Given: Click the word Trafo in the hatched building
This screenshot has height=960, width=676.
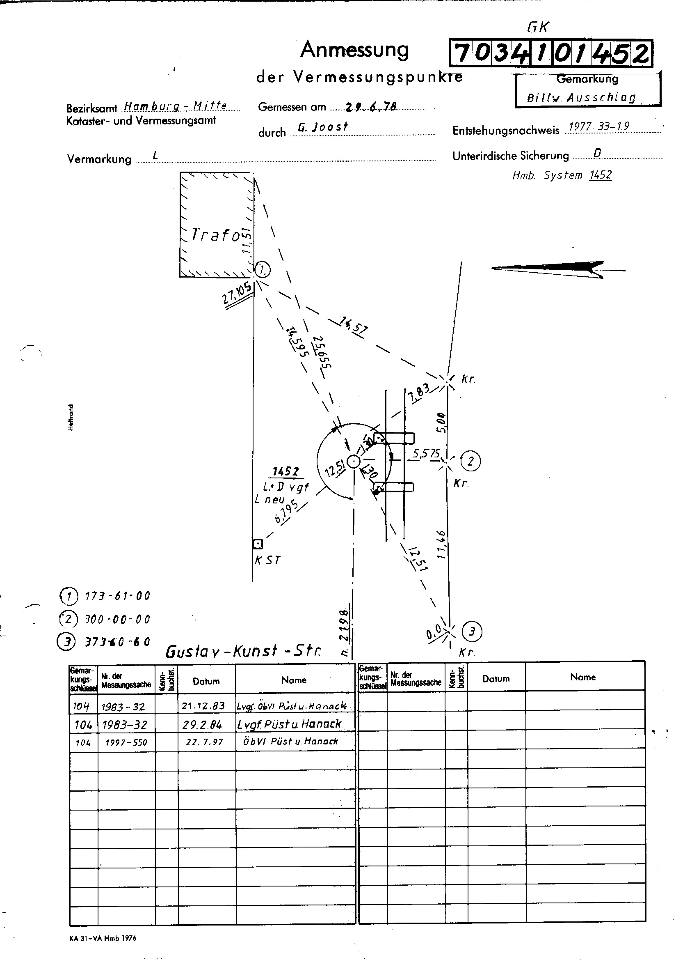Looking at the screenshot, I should coord(216,235).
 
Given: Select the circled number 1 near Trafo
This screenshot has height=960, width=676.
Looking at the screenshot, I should coord(263,270).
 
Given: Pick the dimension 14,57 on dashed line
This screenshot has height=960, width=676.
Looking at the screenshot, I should coord(354,327).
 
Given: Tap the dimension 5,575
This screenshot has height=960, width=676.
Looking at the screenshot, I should coord(426,454).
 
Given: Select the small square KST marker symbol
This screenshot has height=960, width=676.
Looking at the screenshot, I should coord(258,544).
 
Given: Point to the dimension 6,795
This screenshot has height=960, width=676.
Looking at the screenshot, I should coord(287,511).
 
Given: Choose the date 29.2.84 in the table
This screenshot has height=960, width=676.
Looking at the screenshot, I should coord(202,724).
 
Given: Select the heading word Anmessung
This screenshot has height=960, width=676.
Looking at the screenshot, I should coord(354,50).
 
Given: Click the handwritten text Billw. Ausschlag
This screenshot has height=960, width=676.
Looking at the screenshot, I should coord(581,98).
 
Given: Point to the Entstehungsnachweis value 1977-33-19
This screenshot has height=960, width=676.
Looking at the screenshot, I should coord(599,127).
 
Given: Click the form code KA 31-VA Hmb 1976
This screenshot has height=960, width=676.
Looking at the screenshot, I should coord(103,938).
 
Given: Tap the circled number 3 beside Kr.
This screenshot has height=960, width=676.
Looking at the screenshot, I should coord(472,632).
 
